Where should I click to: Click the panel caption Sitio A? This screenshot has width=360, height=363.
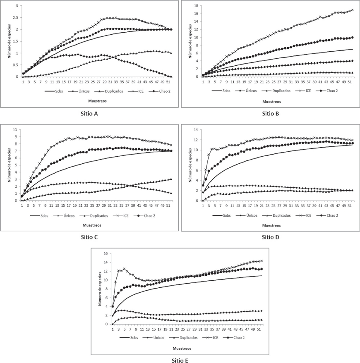tap(89, 114)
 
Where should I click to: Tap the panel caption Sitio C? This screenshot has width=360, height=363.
tap(89, 237)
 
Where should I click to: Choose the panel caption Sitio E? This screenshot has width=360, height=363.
tap(180, 360)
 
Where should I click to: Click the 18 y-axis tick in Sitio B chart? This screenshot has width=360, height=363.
tap(197, 6)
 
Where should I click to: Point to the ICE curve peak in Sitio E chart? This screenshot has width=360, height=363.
tap(124, 269)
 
